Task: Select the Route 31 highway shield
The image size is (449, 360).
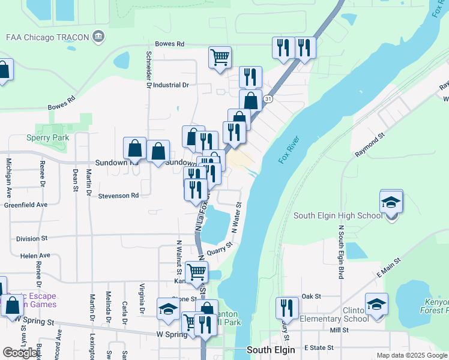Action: pyautogui.click(x=269, y=98)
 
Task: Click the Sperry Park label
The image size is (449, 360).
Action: pyautogui.click(x=47, y=137)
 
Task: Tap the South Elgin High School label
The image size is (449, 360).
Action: pyautogui.click(x=336, y=216)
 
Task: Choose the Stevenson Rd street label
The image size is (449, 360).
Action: pyautogui.click(x=118, y=196)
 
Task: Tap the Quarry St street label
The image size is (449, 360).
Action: pyautogui.click(x=219, y=248)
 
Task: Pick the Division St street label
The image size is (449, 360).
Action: pyautogui.click(x=32, y=238)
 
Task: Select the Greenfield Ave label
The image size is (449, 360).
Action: pyautogui.click(x=25, y=205)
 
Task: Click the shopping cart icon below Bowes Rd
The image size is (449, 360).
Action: pyautogui.click(x=220, y=58)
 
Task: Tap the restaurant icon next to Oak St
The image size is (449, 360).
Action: pyautogui.click(x=287, y=308)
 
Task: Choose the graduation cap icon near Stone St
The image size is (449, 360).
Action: pyautogui.click(x=168, y=309)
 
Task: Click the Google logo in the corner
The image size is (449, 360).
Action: pyautogui.click(x=20, y=353)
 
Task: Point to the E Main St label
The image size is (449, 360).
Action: pyautogui.click(x=388, y=274)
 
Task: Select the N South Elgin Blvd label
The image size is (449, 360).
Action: pyautogui.click(x=340, y=252)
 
